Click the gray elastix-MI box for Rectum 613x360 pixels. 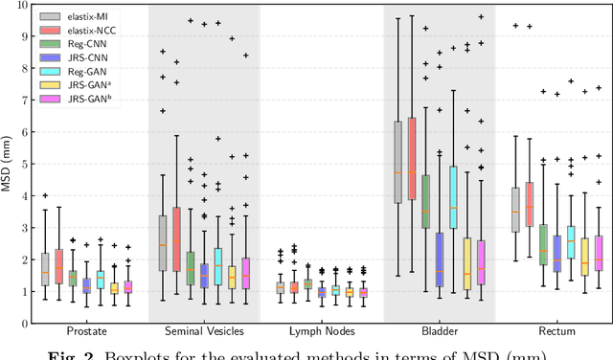[515, 208]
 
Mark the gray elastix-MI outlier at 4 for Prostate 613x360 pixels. [45, 195]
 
